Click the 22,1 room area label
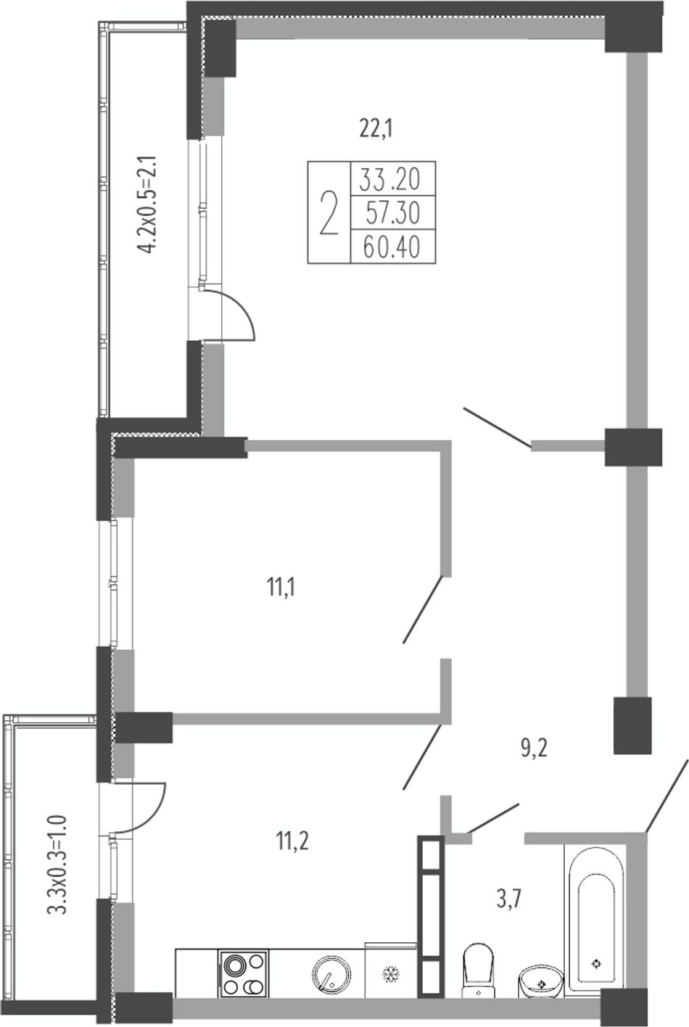[x=376, y=129]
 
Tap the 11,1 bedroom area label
[x=281, y=587]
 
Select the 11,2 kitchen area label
[x=292, y=841]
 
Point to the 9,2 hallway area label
[x=535, y=748]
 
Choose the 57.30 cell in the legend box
[x=392, y=213]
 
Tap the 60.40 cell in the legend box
[x=392, y=247]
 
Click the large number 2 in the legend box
[x=329, y=213]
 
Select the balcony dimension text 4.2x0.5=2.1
[x=148, y=204]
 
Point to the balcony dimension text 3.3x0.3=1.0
[x=58, y=865]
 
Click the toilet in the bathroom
[x=478, y=970]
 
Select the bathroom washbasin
[x=541, y=981]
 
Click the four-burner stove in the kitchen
[x=243, y=973]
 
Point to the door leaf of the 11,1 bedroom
[x=423, y=609]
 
